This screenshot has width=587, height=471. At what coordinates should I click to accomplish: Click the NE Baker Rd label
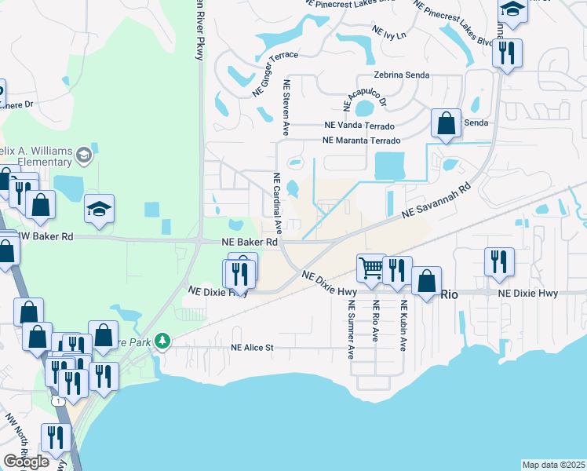point(250,243)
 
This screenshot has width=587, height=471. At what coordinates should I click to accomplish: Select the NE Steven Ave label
point(287,108)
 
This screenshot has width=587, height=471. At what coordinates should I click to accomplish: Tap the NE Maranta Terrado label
point(361,141)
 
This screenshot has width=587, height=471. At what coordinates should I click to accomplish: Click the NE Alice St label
point(251,348)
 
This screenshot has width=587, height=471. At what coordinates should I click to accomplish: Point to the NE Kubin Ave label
point(403,326)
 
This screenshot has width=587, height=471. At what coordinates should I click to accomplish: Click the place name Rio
point(449,294)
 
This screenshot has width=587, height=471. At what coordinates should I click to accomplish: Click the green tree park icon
point(162,341)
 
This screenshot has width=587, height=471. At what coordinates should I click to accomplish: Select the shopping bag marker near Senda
point(446,124)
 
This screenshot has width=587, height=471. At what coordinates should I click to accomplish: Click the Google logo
point(27,462)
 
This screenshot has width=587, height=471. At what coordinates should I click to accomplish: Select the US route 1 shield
point(58,401)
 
